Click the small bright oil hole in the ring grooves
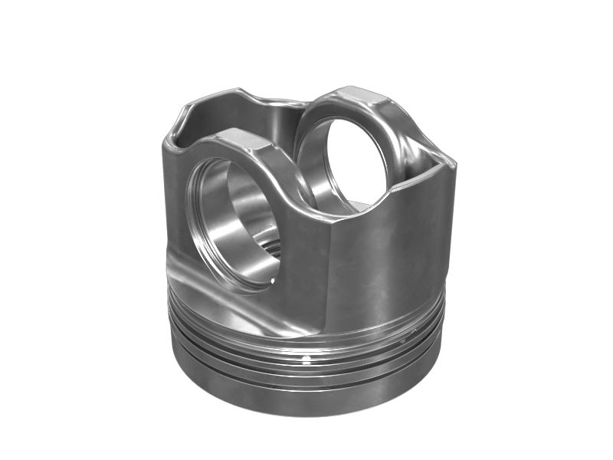305,359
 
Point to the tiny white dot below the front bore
273,281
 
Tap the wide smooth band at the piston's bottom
306,391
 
